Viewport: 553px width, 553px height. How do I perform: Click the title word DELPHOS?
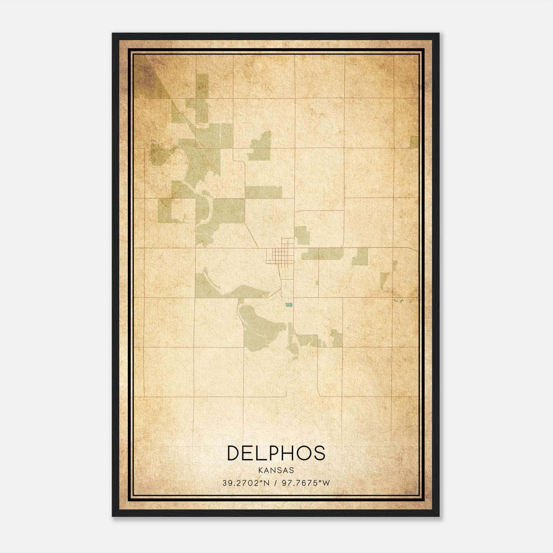click(276, 453)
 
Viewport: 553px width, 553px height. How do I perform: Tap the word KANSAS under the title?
click(276, 470)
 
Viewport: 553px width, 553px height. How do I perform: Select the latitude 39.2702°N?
click(245, 483)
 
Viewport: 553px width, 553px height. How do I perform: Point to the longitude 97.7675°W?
click(306, 483)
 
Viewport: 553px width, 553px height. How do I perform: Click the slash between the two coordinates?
click(276, 483)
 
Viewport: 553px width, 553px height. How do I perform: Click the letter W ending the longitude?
click(327, 483)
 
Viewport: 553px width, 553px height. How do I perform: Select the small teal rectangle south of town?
click(288, 305)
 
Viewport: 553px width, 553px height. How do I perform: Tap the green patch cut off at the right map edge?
click(414, 142)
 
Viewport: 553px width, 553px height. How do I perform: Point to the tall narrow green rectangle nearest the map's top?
click(203, 86)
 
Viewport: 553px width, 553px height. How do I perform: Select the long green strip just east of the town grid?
click(321, 253)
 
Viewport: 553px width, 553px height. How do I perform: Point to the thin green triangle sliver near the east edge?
click(384, 280)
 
